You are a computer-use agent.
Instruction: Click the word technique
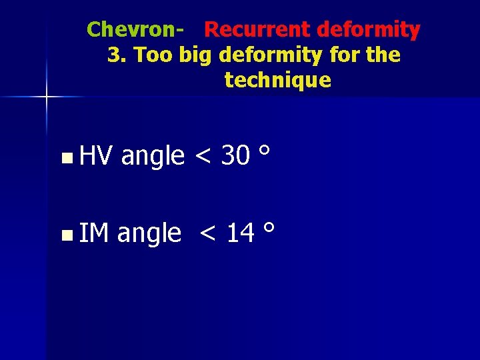277,81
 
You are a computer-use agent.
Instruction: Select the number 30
235,156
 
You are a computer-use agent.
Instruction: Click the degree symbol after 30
265,151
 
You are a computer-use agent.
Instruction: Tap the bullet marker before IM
65,235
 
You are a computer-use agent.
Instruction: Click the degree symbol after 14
269,227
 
